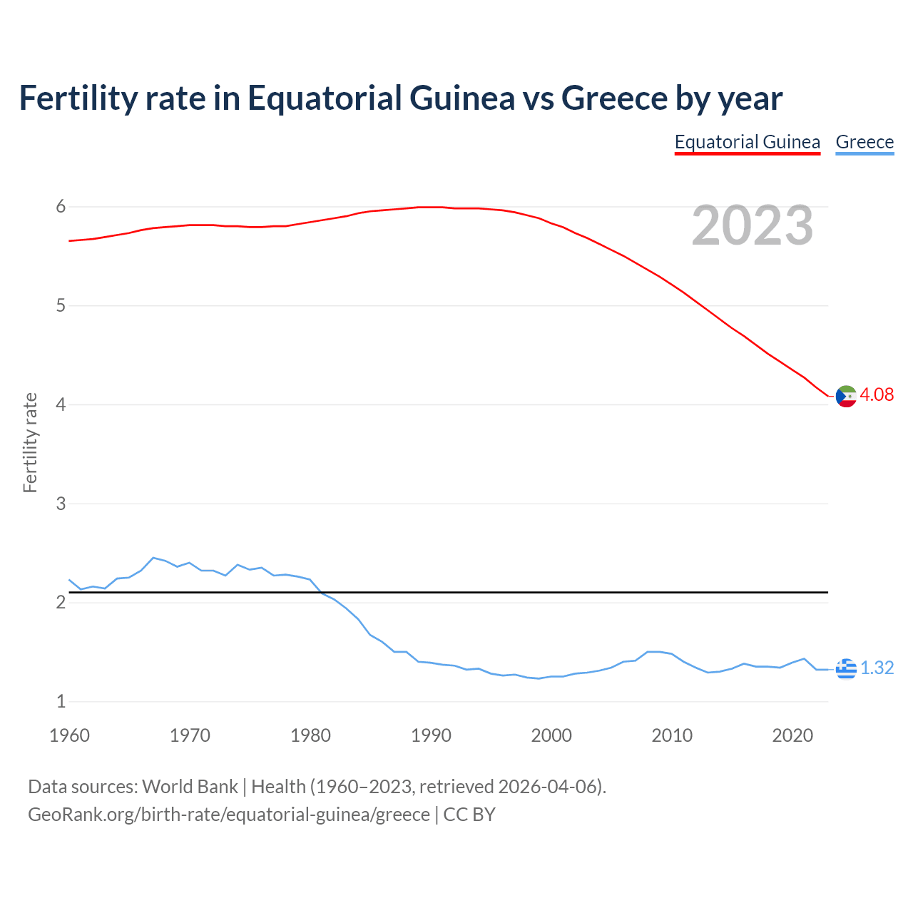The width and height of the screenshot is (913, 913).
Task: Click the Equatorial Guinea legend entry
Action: [x=747, y=142]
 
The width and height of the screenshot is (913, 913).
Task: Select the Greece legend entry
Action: [x=864, y=142]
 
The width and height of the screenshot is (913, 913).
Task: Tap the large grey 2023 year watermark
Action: [x=752, y=225]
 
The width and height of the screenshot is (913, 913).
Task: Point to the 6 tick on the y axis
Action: [x=61, y=207]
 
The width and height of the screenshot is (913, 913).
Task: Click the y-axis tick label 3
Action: [x=61, y=504]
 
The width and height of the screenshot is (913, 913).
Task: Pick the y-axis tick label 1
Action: [x=61, y=701]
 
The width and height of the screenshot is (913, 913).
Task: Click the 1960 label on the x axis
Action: [x=69, y=735]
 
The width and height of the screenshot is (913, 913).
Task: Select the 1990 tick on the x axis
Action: [x=431, y=735]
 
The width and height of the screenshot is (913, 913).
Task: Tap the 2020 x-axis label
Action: [x=792, y=735]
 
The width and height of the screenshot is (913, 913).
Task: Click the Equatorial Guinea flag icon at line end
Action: [x=846, y=396]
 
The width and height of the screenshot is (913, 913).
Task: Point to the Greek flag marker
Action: [x=846, y=668]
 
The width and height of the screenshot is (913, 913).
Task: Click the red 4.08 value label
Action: [x=877, y=394]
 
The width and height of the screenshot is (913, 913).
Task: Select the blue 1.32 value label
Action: [x=877, y=668]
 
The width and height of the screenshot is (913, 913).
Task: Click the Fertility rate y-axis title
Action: [x=30, y=442]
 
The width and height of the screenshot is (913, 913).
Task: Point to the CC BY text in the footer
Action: [x=469, y=815]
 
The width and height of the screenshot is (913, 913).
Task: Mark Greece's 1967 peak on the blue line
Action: [x=153, y=558]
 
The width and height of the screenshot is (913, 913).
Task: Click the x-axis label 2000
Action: [x=551, y=735]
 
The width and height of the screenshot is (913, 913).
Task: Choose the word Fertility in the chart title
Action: [x=77, y=98]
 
